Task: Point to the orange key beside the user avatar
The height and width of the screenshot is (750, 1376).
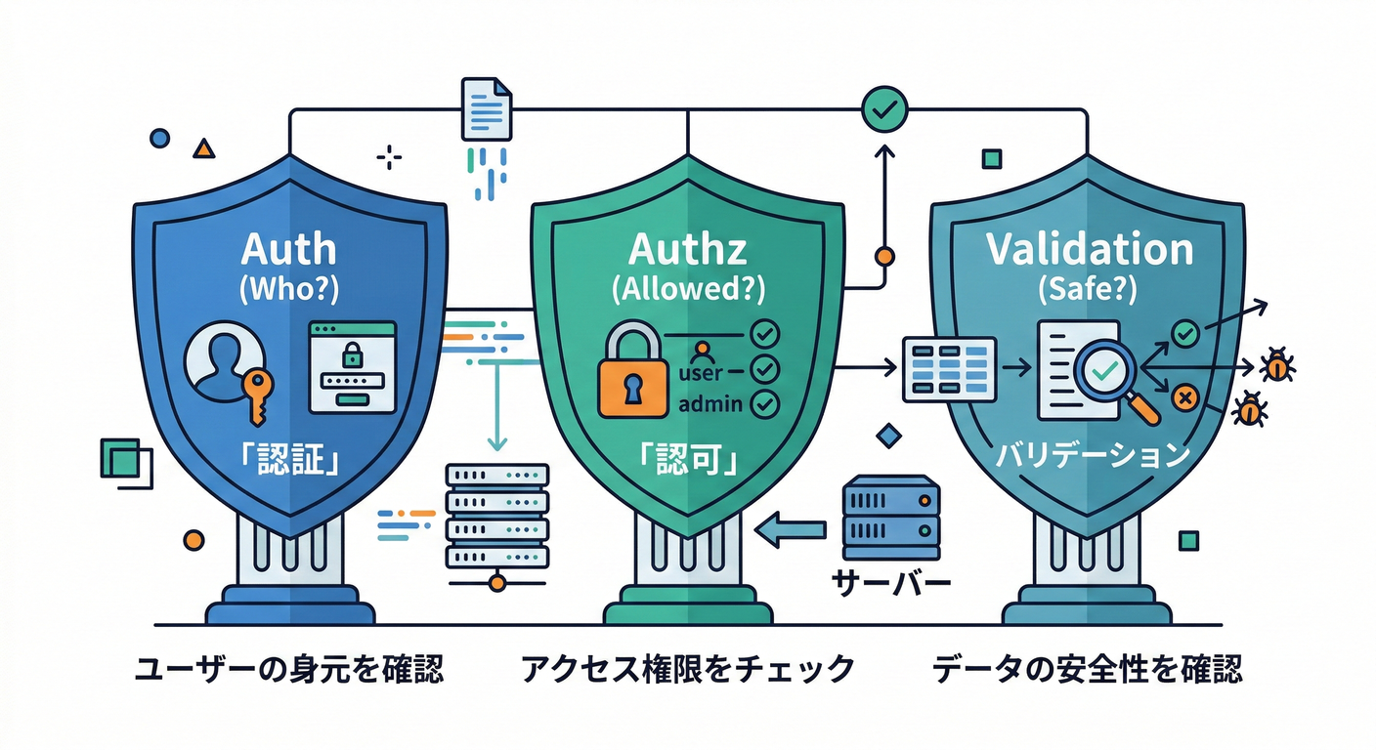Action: tap(257, 393)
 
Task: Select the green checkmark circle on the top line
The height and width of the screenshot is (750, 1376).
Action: tap(883, 109)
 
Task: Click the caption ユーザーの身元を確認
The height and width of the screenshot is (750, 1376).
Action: tap(288, 670)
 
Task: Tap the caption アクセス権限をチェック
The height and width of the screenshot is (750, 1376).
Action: tap(688, 670)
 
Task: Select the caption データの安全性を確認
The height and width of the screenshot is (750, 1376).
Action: tap(1088, 670)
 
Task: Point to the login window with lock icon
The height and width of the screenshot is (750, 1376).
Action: tap(352, 367)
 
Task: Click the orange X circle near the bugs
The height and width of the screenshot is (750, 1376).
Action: tap(1184, 396)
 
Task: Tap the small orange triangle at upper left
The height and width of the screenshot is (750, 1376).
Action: tap(203, 148)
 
